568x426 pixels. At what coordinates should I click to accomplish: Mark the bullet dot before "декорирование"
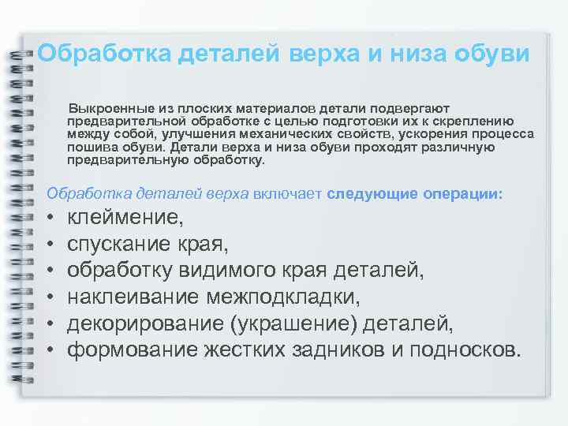50,324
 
